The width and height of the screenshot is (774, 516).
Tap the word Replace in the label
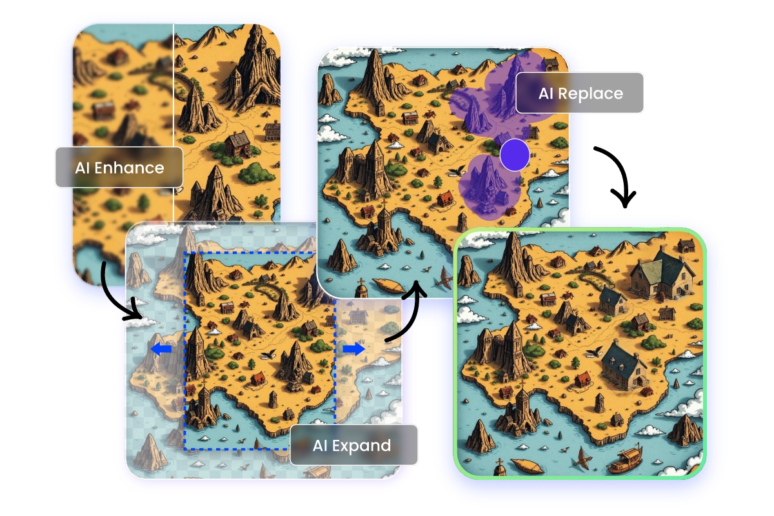click(591, 94)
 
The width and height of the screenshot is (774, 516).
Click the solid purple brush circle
click(514, 155)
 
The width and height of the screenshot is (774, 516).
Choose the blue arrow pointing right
click(353, 348)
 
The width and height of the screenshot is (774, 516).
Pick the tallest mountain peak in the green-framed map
click(513, 255)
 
